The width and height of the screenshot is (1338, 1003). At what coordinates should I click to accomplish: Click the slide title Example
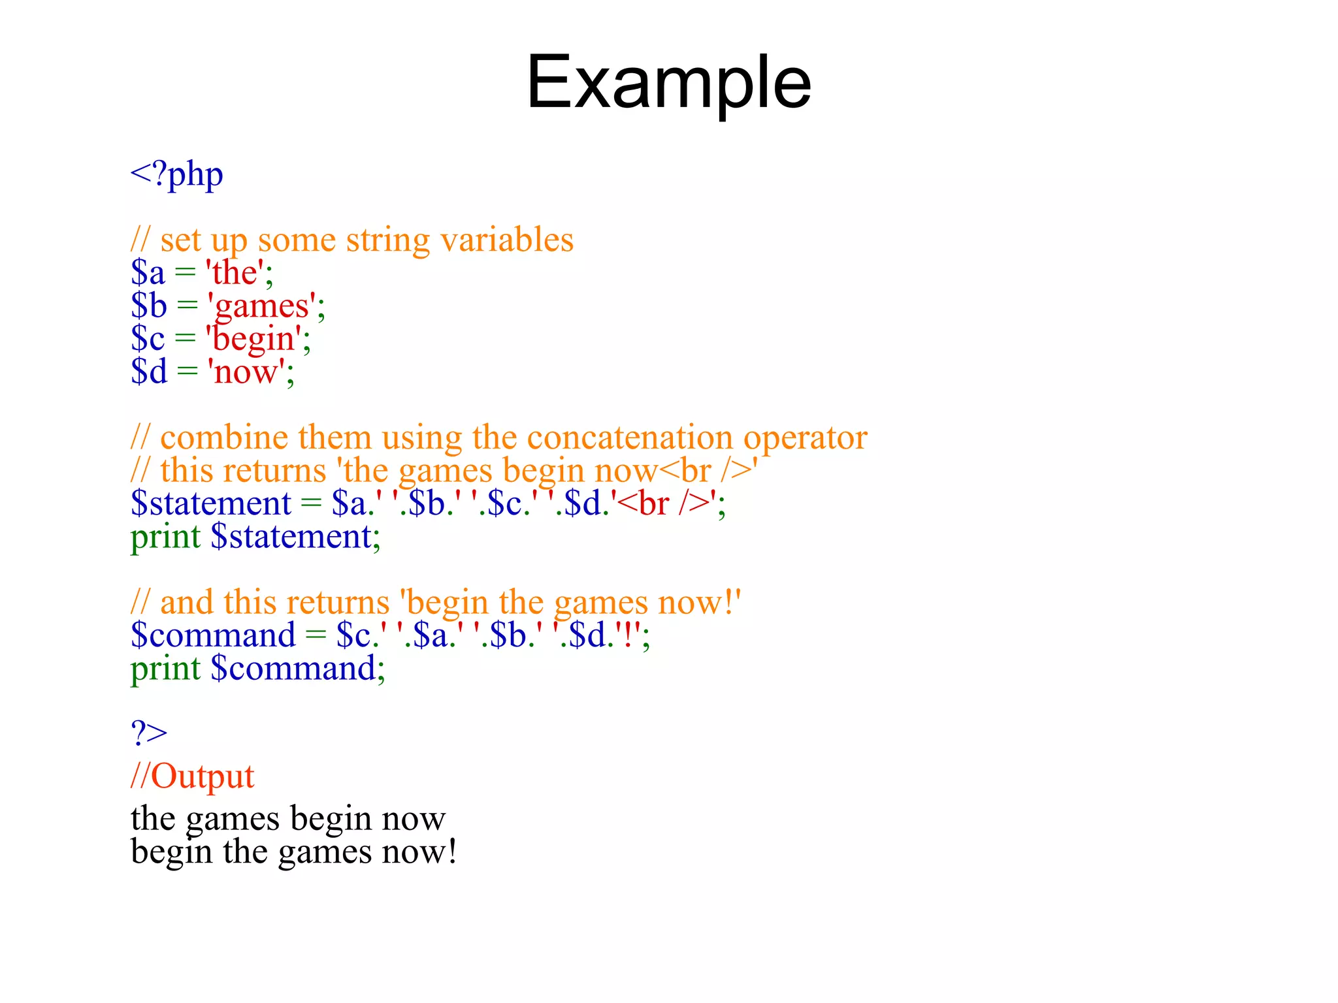click(x=668, y=83)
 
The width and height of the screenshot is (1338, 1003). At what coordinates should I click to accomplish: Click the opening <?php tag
click(x=176, y=174)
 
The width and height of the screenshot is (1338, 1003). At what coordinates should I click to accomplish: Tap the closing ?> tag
click(x=149, y=733)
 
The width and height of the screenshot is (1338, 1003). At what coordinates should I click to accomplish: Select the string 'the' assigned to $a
click(x=235, y=272)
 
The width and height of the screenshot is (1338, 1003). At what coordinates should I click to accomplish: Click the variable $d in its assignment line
click(x=149, y=372)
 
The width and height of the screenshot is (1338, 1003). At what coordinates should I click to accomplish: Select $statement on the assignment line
click(x=210, y=503)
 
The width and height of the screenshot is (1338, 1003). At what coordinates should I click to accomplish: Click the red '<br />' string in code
click(x=664, y=503)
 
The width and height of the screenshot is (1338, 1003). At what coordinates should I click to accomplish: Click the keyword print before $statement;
click(x=165, y=537)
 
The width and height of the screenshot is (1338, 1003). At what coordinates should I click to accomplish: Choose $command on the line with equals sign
click(x=213, y=635)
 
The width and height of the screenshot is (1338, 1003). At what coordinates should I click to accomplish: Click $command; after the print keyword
click(x=297, y=669)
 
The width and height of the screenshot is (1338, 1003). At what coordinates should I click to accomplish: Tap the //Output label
click(x=192, y=776)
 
